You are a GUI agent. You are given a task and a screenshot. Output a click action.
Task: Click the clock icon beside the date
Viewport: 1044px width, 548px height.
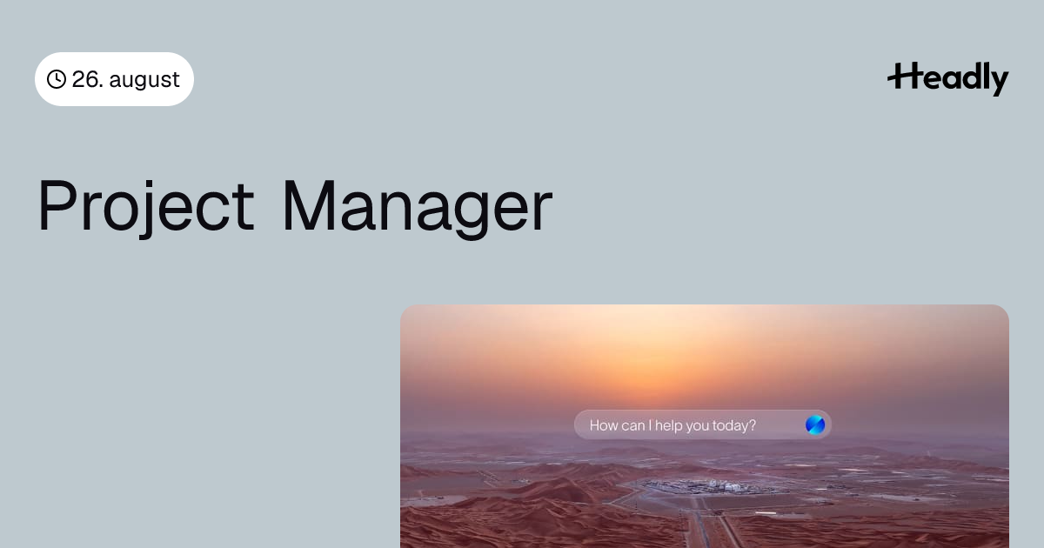57,79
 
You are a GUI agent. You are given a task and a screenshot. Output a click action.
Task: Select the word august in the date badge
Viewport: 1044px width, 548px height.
144,80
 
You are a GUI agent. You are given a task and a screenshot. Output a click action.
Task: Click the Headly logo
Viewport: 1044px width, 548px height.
948,79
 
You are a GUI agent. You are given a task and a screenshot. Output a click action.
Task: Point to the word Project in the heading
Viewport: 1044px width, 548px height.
146,207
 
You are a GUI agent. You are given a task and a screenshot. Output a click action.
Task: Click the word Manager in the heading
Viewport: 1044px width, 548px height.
417,208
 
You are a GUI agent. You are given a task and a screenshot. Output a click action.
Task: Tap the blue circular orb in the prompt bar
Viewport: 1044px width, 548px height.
815,425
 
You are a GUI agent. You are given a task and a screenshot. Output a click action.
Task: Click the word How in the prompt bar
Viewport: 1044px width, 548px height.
604,425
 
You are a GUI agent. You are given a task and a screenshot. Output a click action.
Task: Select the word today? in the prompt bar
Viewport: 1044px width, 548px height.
734,426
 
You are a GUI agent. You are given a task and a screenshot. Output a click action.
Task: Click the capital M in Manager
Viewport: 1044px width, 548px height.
309,205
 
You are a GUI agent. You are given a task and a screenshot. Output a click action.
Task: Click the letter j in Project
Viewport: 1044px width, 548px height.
146,210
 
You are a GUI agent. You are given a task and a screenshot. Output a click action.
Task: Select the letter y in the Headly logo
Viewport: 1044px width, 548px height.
997,82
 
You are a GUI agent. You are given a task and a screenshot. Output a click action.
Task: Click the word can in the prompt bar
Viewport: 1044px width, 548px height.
633,426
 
